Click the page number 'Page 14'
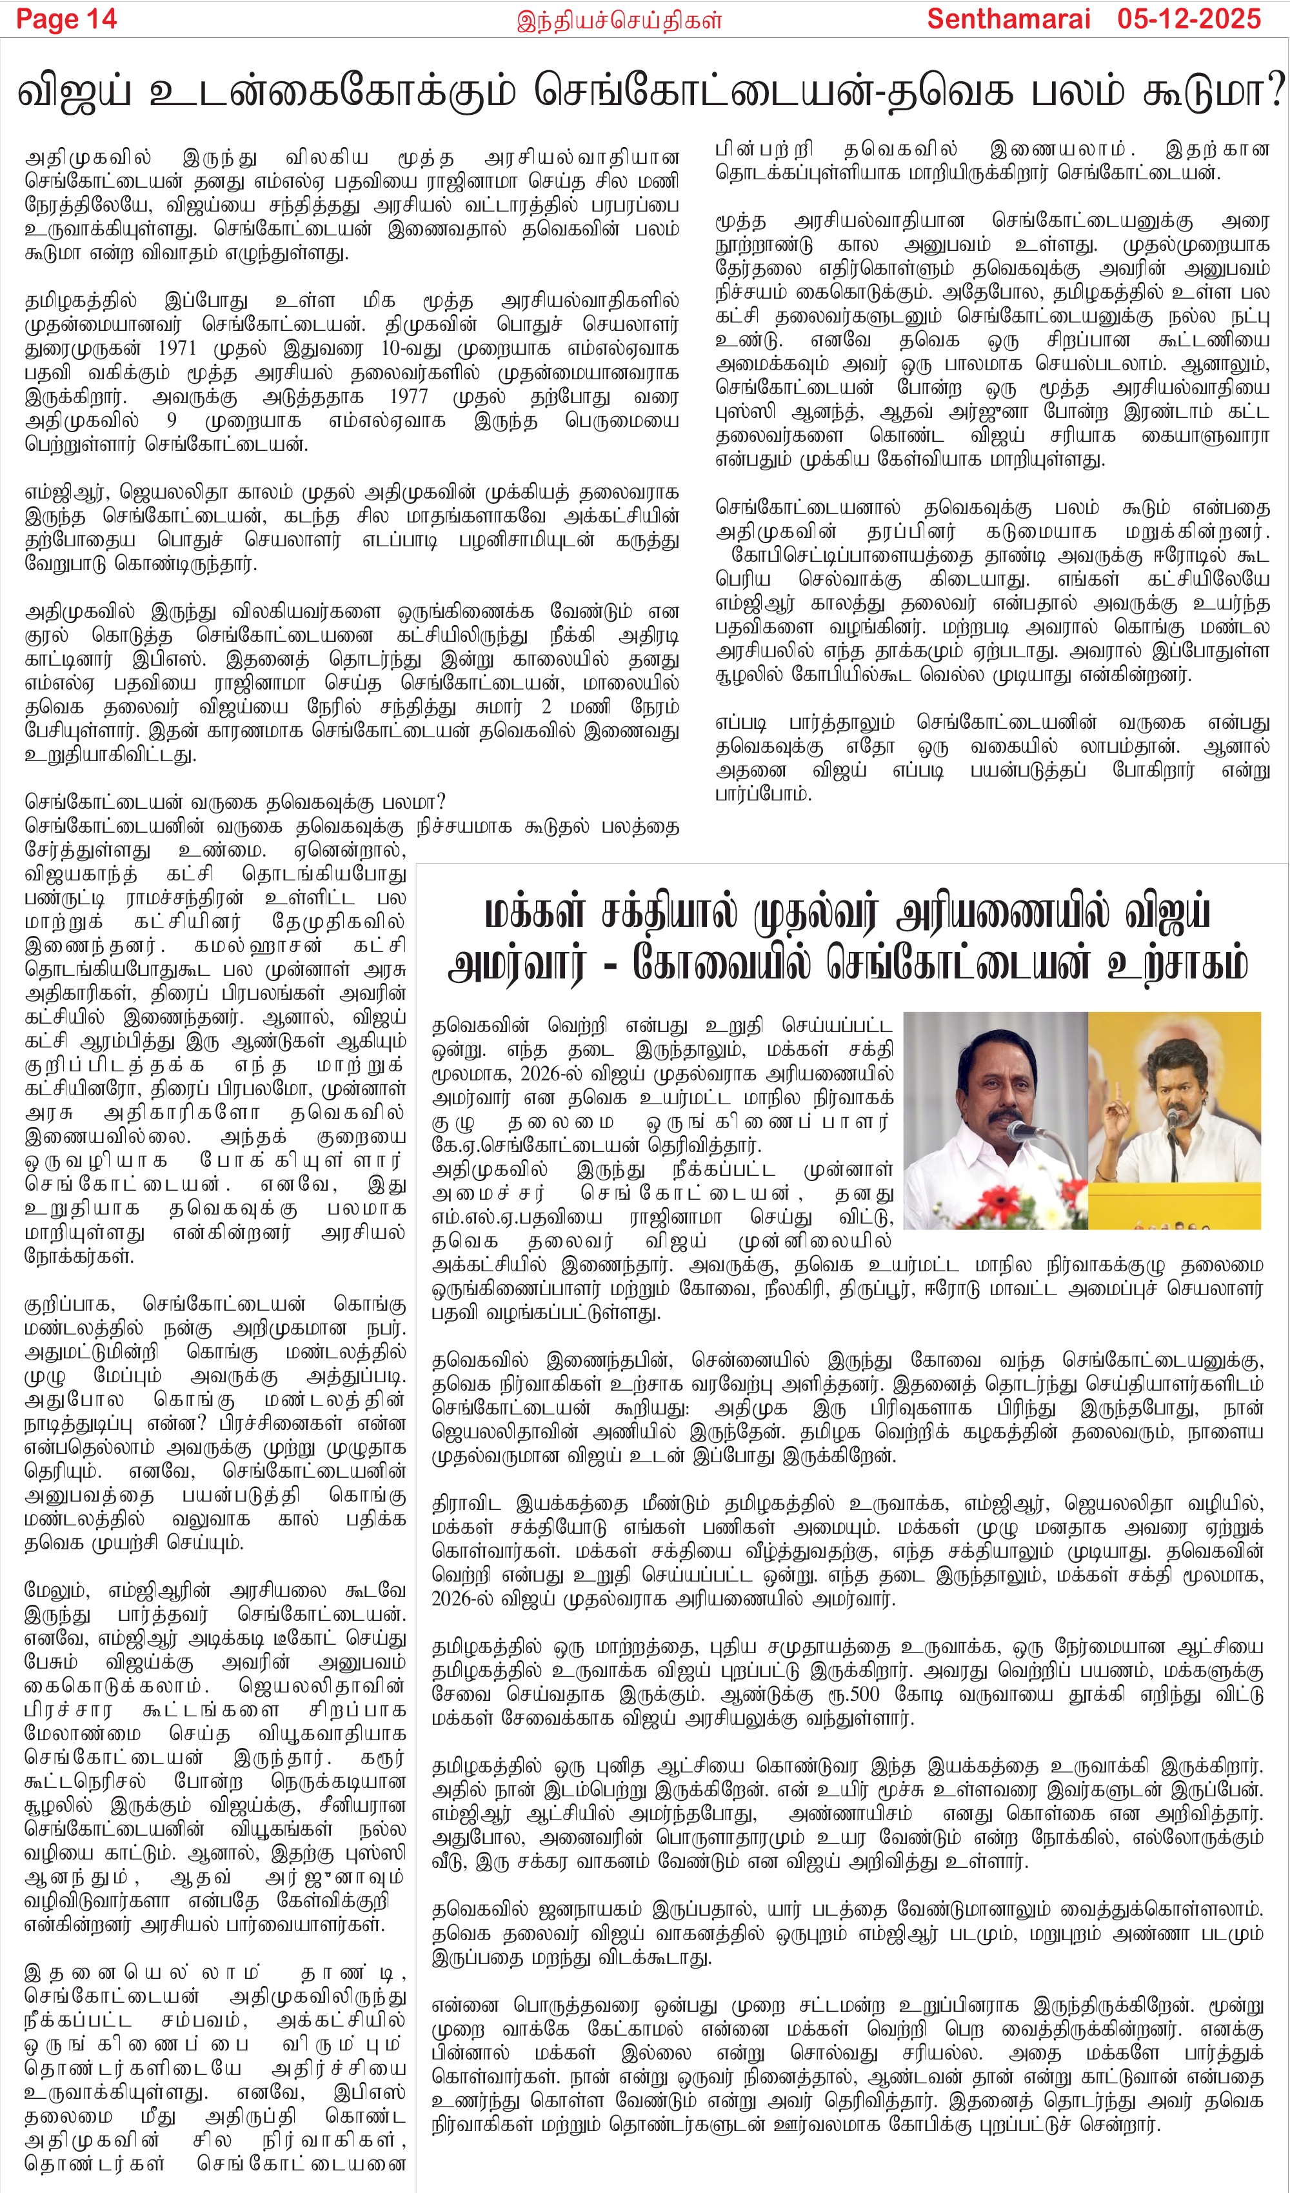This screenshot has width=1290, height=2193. [x=66, y=19]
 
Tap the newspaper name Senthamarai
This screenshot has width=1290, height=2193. [x=1008, y=19]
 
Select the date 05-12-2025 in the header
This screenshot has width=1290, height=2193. [x=1189, y=19]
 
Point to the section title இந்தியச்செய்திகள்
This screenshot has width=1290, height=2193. [x=619, y=20]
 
